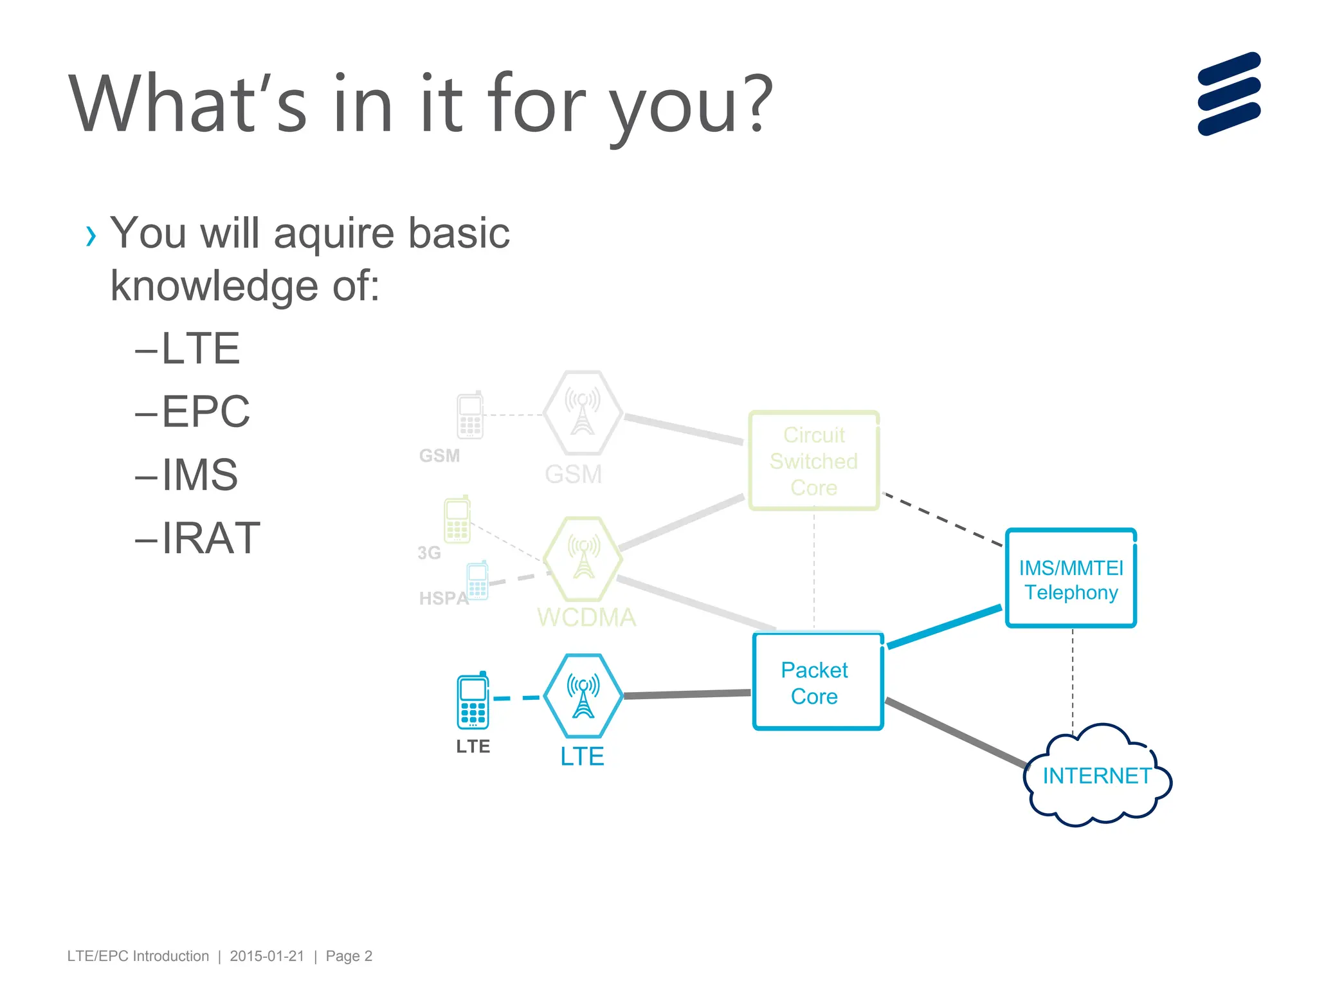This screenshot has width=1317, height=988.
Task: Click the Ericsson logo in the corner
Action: coord(1228,94)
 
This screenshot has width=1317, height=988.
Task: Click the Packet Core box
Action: coord(817,682)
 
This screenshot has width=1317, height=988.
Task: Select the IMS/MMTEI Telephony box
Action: coord(1071,579)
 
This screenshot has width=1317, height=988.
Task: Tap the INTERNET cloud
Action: coord(1096,776)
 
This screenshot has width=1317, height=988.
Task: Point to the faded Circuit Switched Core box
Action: coord(813,461)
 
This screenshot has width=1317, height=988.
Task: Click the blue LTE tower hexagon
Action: coord(583,695)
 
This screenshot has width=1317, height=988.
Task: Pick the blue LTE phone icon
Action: coord(473,701)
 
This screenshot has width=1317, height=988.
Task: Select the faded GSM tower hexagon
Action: coord(583,413)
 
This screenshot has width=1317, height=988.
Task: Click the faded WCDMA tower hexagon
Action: coord(583,558)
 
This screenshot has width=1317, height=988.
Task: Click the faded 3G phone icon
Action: coord(457,520)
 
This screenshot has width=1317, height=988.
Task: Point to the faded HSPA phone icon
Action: coord(478,581)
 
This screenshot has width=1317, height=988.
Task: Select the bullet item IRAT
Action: coord(210,538)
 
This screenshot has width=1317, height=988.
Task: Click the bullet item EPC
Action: coord(205,411)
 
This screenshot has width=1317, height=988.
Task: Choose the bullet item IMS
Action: coord(199,475)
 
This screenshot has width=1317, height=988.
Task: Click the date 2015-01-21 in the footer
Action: coord(267,956)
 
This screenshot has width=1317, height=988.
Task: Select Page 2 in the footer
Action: coord(349,956)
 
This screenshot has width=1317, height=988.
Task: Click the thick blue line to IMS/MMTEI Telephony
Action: coord(944,626)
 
